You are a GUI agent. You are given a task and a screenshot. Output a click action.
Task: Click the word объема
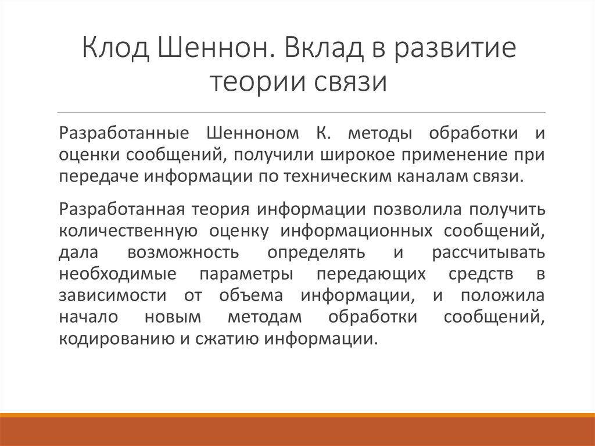pyautogui.click(x=251, y=295)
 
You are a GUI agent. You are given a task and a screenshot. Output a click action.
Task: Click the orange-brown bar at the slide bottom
pyautogui.click(x=297, y=430)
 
